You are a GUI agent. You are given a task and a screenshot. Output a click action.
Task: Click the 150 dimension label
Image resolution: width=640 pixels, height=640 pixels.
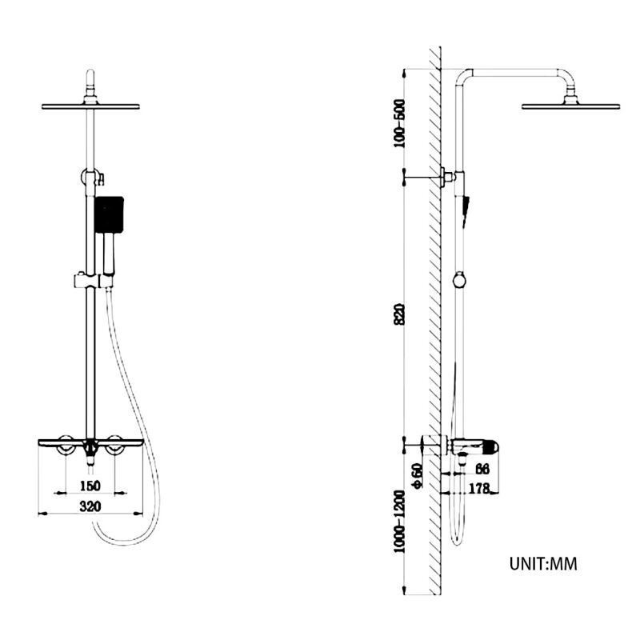(90, 486)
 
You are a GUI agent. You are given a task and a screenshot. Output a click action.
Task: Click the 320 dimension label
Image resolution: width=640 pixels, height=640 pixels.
(90, 506)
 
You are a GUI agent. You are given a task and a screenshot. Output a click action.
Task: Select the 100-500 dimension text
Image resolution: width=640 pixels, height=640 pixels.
(399, 123)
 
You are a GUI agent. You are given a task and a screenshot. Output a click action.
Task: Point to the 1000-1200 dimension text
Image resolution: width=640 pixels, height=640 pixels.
(399, 522)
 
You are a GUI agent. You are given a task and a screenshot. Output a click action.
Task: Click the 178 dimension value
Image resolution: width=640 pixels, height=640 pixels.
(478, 488)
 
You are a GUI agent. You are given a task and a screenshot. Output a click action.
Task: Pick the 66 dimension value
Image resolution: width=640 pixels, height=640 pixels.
(482, 469)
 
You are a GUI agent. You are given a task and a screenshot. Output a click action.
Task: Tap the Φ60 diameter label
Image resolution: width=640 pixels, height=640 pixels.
(418, 475)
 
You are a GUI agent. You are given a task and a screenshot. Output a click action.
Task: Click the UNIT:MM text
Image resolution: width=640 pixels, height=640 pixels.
(543, 564)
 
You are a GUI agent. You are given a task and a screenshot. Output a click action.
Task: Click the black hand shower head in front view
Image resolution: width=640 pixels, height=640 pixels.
(109, 214)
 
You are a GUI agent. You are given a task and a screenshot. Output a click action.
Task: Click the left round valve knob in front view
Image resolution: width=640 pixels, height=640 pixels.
(66, 445)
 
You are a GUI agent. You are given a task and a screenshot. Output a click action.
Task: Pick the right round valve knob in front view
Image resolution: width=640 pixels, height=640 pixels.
(114, 445)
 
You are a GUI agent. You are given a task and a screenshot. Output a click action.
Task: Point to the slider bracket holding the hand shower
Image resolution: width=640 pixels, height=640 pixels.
(94, 281)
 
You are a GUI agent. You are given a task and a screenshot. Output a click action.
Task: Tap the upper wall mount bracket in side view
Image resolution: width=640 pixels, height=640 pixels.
(447, 177)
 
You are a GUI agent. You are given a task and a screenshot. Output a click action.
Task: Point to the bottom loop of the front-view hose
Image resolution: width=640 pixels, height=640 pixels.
(122, 538)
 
